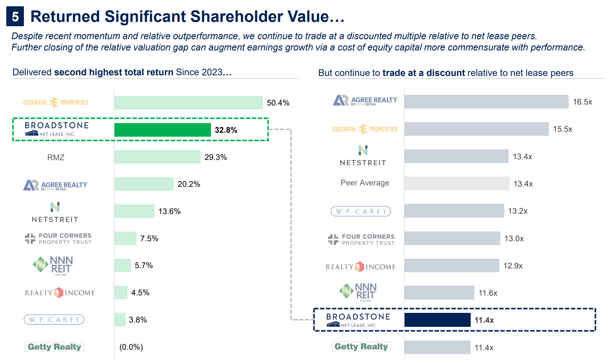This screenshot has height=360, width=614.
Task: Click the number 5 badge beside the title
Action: point(15,16)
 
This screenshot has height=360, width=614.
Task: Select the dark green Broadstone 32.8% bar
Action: point(162,130)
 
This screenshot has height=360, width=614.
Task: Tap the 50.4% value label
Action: point(278,103)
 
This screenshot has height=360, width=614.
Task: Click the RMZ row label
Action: point(56,157)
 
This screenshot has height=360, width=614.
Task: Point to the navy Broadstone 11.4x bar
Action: point(437,320)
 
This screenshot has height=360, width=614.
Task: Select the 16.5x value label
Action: point(582,102)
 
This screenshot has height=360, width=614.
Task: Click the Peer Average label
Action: point(365,183)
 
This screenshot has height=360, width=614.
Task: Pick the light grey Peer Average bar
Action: point(456,183)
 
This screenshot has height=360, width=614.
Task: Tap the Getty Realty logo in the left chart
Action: point(54,347)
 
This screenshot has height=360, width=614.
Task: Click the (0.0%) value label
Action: point(131,347)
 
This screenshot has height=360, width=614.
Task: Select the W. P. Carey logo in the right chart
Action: point(361,211)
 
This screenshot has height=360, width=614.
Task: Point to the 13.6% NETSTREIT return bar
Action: point(134,211)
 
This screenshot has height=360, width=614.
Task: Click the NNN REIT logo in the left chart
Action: point(53,265)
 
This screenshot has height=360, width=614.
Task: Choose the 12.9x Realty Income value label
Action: point(513,266)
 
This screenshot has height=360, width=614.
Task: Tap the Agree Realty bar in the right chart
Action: point(486,102)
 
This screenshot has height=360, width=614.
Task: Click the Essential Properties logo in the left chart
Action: point(56,102)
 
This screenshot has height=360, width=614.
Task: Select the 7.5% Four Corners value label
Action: point(149,239)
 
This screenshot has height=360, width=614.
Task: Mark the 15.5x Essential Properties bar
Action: point(476,129)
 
